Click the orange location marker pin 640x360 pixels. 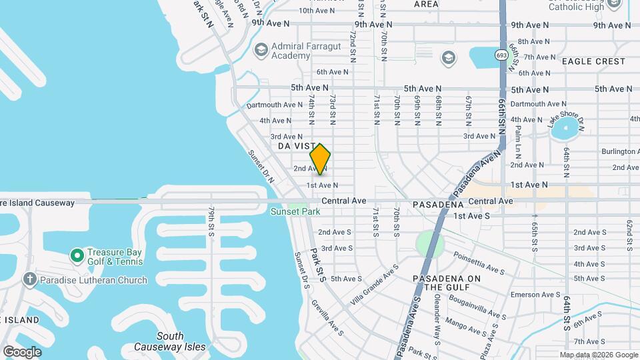[320, 159]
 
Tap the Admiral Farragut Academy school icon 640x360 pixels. [261, 50]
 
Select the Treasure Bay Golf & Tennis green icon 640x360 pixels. [77, 255]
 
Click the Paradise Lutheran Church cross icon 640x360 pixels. [29, 280]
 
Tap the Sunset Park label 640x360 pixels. [295, 212]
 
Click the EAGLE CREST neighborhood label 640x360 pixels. [593, 61]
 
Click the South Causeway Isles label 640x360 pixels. [160, 341]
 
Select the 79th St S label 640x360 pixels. [211, 220]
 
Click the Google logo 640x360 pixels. [21, 351]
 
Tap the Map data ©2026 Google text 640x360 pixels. [598, 355]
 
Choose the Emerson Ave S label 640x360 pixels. [535, 295]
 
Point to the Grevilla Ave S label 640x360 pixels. [327, 317]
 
